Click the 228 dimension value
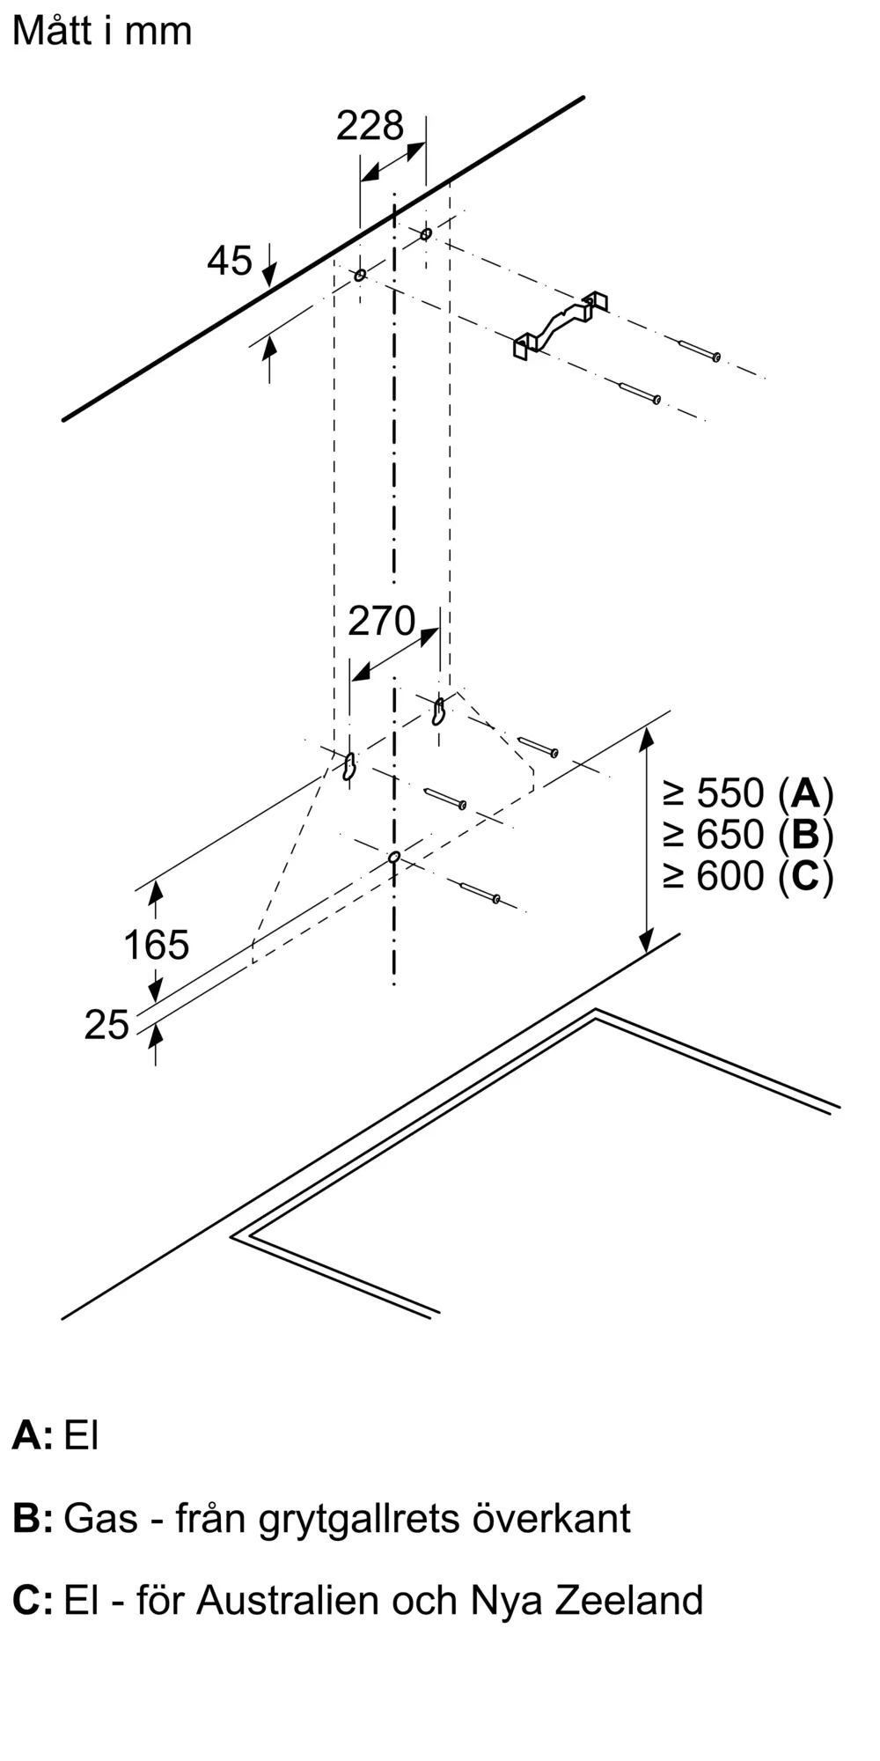click(370, 126)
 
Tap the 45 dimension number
click(230, 261)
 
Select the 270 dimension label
click(381, 622)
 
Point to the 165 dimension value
click(156, 946)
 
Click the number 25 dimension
click(106, 1025)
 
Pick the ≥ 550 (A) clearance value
click(748, 793)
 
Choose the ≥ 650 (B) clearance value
click(748, 834)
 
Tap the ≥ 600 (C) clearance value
click(748, 875)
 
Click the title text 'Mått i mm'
click(102, 32)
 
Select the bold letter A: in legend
click(32, 1436)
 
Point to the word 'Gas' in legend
click(101, 1519)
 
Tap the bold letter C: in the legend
click(33, 1600)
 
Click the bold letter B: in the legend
click(33, 1519)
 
